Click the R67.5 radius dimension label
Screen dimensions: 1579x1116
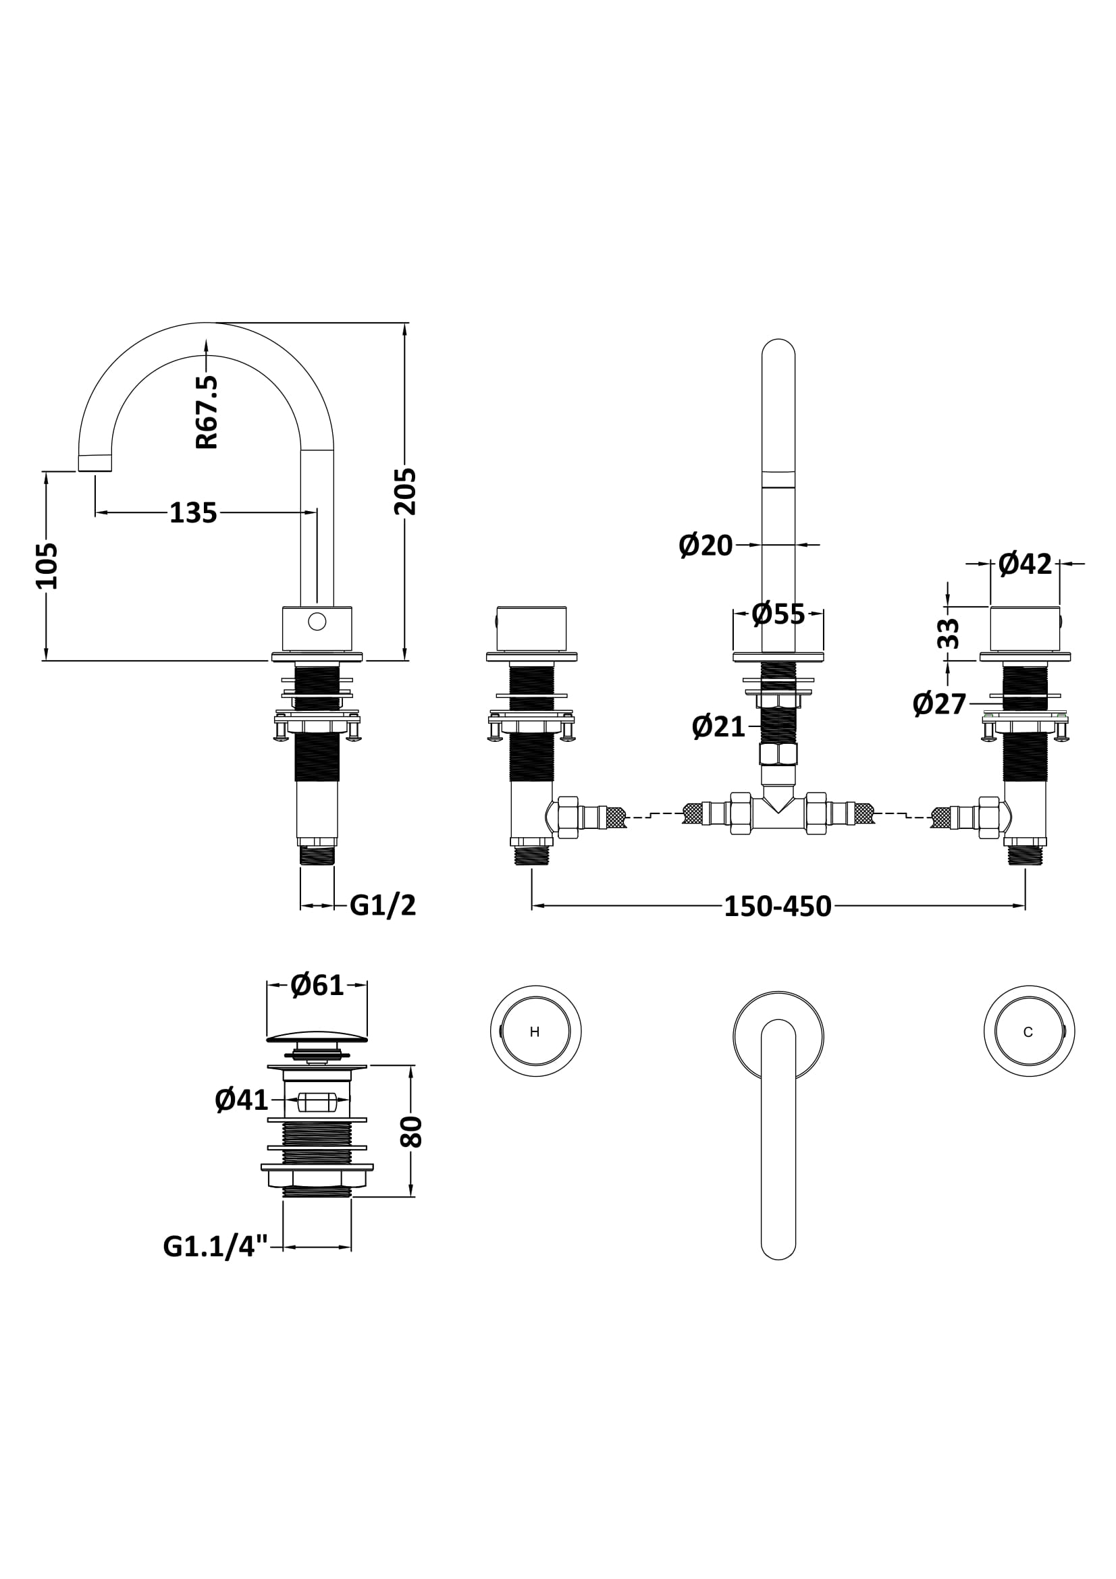[x=207, y=412]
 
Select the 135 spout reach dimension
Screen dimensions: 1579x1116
[x=193, y=513]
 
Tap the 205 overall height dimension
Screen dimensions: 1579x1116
[x=406, y=491]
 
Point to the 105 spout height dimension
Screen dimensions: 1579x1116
[x=47, y=566]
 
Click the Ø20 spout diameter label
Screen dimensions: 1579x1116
[x=706, y=545]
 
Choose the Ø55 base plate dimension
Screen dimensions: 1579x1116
[x=778, y=614]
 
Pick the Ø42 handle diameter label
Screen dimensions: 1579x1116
[x=1025, y=564]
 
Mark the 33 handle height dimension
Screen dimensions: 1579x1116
[x=947, y=633]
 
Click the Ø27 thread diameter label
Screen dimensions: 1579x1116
[x=939, y=704]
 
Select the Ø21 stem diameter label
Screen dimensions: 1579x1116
[x=718, y=727]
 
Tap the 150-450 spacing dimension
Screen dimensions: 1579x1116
[x=778, y=907]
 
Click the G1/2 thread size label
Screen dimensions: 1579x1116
[x=383, y=906]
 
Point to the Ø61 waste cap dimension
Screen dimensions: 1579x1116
[x=317, y=986]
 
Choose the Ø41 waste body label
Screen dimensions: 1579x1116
[x=241, y=1100]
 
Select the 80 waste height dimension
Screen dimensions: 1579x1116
[x=411, y=1132]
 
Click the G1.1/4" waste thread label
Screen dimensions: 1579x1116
[x=215, y=1246]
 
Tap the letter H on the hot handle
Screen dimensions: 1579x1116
[x=535, y=1032]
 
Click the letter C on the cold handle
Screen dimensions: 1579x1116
[x=1028, y=1032]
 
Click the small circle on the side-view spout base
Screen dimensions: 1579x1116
[x=317, y=622]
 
